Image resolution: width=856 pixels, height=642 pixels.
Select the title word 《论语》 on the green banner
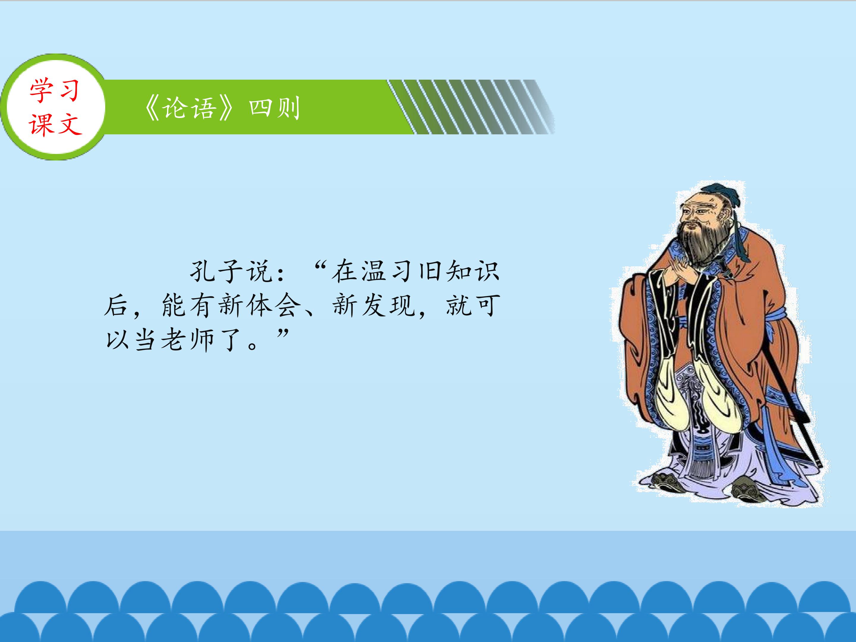point(190,108)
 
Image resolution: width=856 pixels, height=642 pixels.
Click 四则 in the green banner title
point(274,108)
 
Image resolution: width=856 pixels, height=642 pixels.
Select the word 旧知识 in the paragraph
point(459,270)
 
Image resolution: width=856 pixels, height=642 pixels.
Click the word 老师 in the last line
point(187,339)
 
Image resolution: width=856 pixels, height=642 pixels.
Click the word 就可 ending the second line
point(473,305)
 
